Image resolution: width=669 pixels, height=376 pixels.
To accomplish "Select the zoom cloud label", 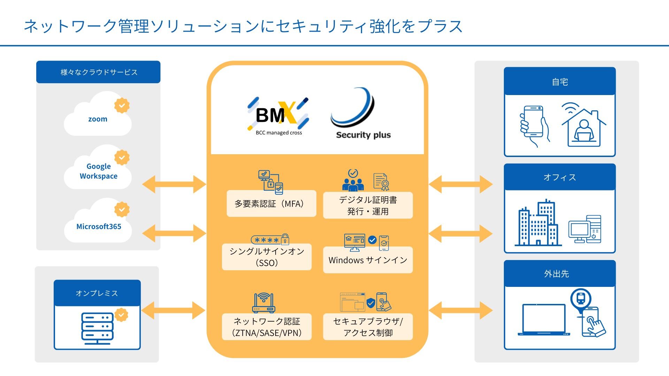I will point(98,119).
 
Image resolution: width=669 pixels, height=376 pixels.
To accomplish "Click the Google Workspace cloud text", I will point(99,171).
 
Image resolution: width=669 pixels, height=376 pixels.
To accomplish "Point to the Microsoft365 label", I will point(99,227).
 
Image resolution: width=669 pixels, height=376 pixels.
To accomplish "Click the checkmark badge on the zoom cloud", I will point(122,105).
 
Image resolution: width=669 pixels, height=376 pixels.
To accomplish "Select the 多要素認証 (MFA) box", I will point(271,204).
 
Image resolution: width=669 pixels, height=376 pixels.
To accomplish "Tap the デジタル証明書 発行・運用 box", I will point(368,205).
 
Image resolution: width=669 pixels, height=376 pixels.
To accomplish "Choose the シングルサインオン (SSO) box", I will point(267,257).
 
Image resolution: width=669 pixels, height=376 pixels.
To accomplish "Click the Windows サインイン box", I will point(368,260).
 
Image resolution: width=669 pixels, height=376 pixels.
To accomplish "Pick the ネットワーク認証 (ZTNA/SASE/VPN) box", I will point(267,327).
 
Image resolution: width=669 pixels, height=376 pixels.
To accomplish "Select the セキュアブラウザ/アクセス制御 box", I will point(368,327).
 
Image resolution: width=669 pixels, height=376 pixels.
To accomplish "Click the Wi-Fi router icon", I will point(264,303).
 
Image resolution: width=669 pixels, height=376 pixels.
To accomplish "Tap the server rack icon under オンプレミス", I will point(97,328).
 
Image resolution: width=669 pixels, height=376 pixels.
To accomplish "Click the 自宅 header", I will point(560,82).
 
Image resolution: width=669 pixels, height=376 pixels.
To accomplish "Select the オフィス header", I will point(560,177).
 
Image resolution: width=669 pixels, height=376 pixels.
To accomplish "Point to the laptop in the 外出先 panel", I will point(544,320).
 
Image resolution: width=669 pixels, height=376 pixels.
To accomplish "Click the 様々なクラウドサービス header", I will point(98,72).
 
